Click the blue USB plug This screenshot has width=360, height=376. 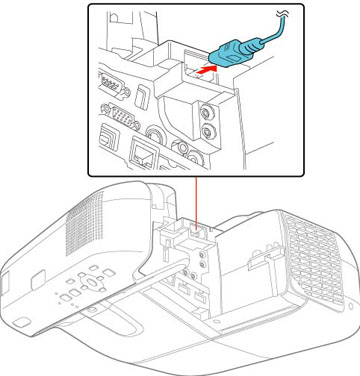coord(235,49)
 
